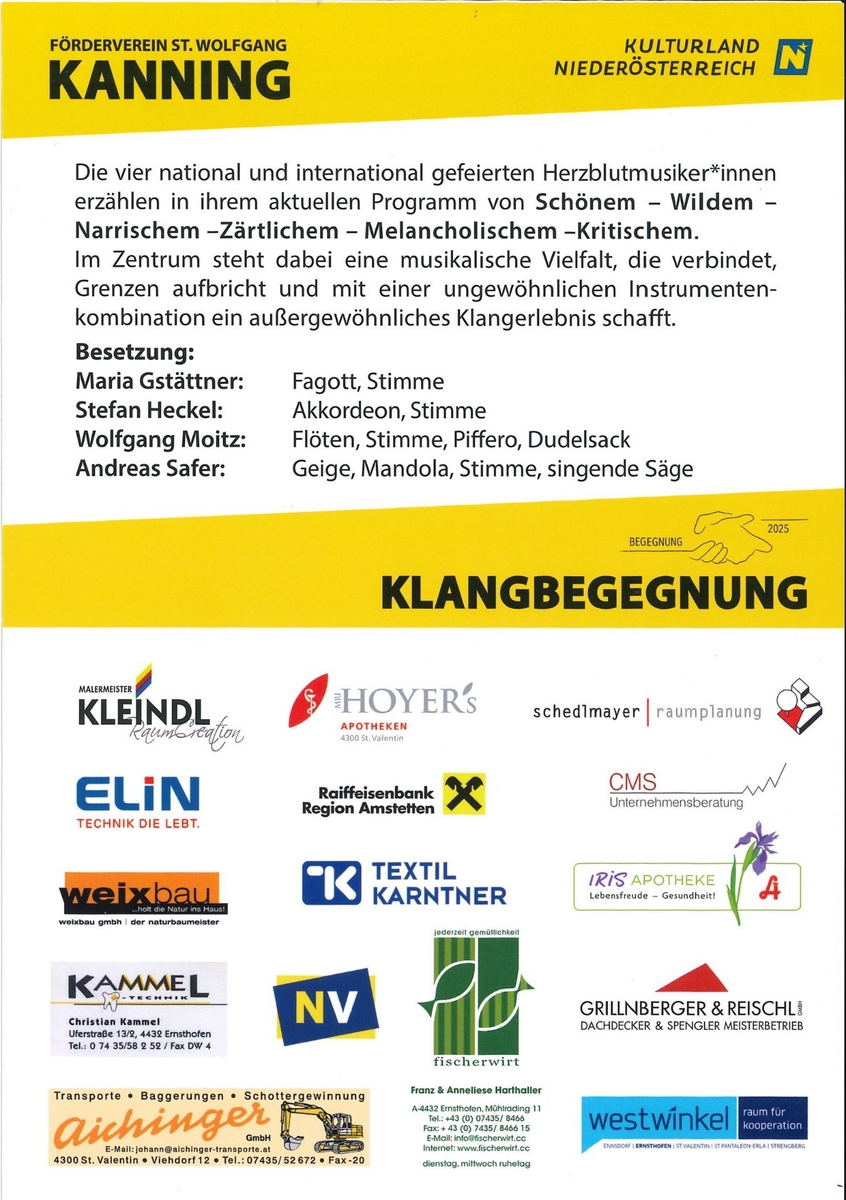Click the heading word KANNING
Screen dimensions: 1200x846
tap(169, 80)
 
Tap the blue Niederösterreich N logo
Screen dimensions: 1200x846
tap(793, 57)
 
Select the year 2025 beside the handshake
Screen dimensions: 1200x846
tap(778, 529)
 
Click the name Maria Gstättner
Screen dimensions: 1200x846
tap(159, 381)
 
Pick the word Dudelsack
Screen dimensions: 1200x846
tap(579, 440)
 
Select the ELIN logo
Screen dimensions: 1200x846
tap(138, 794)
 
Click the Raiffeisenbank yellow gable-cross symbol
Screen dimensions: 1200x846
tap(464, 794)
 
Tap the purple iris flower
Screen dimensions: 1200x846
tap(757, 847)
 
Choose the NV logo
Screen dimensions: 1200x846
tap(326, 1006)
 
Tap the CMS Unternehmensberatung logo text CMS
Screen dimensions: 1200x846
tap(632, 782)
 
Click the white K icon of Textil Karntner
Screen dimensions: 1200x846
tap(331, 882)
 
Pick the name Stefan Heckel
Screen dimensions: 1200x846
tap(149, 411)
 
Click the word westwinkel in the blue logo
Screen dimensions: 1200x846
tap(659, 1119)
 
